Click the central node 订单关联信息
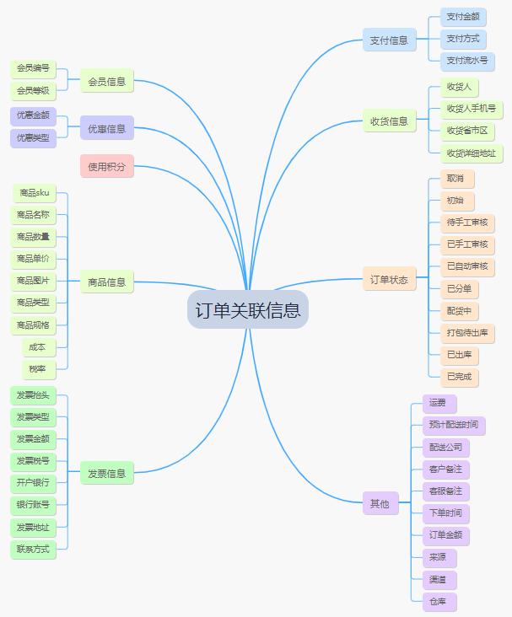coord(248,309)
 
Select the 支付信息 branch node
coord(389,40)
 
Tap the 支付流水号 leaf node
coord(467,61)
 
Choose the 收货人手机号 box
coord(471,109)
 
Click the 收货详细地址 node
coord(471,153)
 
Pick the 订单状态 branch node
coord(389,279)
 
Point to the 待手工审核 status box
coord(467,223)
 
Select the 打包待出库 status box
coord(467,333)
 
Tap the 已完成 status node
coord(459,377)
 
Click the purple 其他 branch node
coord(380,503)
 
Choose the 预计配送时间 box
coord(454,425)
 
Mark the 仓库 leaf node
coord(439,602)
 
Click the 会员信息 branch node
coord(107,81)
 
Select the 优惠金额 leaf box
coord(33,116)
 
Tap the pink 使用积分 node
coord(107,166)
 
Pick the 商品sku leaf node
coord(35,193)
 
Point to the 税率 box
coord(39,369)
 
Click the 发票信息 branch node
coord(107,473)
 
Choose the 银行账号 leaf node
coord(33,505)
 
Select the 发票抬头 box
coord(33,395)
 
